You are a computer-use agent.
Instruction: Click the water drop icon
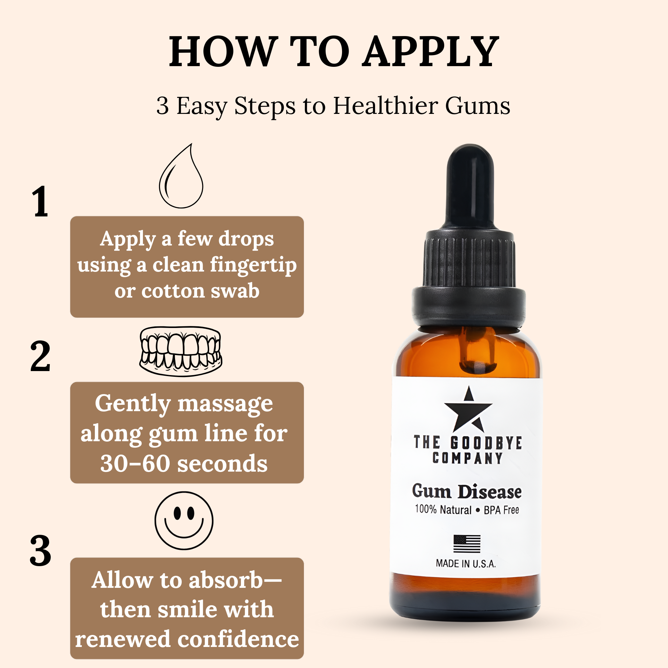coord(181,177)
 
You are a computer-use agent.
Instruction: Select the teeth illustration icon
coord(180,351)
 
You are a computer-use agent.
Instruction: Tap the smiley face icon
coord(184,520)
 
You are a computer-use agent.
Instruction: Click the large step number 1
coord(40,202)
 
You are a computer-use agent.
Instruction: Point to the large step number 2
coord(40,356)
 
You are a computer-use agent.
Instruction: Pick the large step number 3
coord(40,551)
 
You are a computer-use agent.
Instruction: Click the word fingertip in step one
coord(253,266)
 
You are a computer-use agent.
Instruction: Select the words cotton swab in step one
coord(200,291)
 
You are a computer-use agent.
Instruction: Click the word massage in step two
coord(225,403)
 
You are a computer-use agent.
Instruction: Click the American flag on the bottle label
coord(467,544)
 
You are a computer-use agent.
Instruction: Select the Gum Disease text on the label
coord(467,491)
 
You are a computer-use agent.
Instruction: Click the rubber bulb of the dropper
coord(470,187)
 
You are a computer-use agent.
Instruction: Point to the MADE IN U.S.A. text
coord(466,564)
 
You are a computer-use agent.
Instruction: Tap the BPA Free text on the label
coord(501,510)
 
